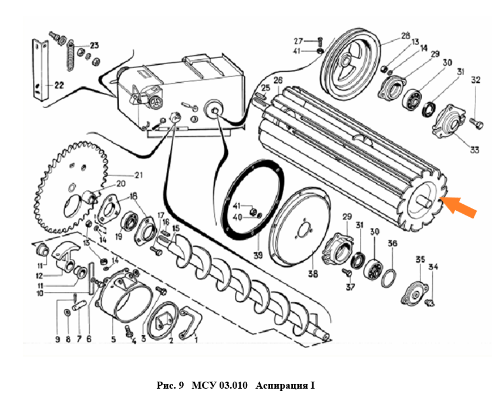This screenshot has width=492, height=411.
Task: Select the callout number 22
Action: tap(58, 85)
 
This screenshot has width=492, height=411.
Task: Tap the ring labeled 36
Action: tap(388, 276)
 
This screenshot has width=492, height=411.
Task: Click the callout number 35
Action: tap(420, 260)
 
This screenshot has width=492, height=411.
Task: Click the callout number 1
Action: tap(196, 339)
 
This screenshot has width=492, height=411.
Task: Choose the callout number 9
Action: tap(58, 339)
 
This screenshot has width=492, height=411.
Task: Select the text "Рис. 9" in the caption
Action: tap(171, 386)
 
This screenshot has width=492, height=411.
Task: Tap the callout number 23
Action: tap(94, 45)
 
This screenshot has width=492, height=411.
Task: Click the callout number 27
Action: tap(298, 41)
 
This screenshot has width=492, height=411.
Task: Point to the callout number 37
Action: tap(351, 287)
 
